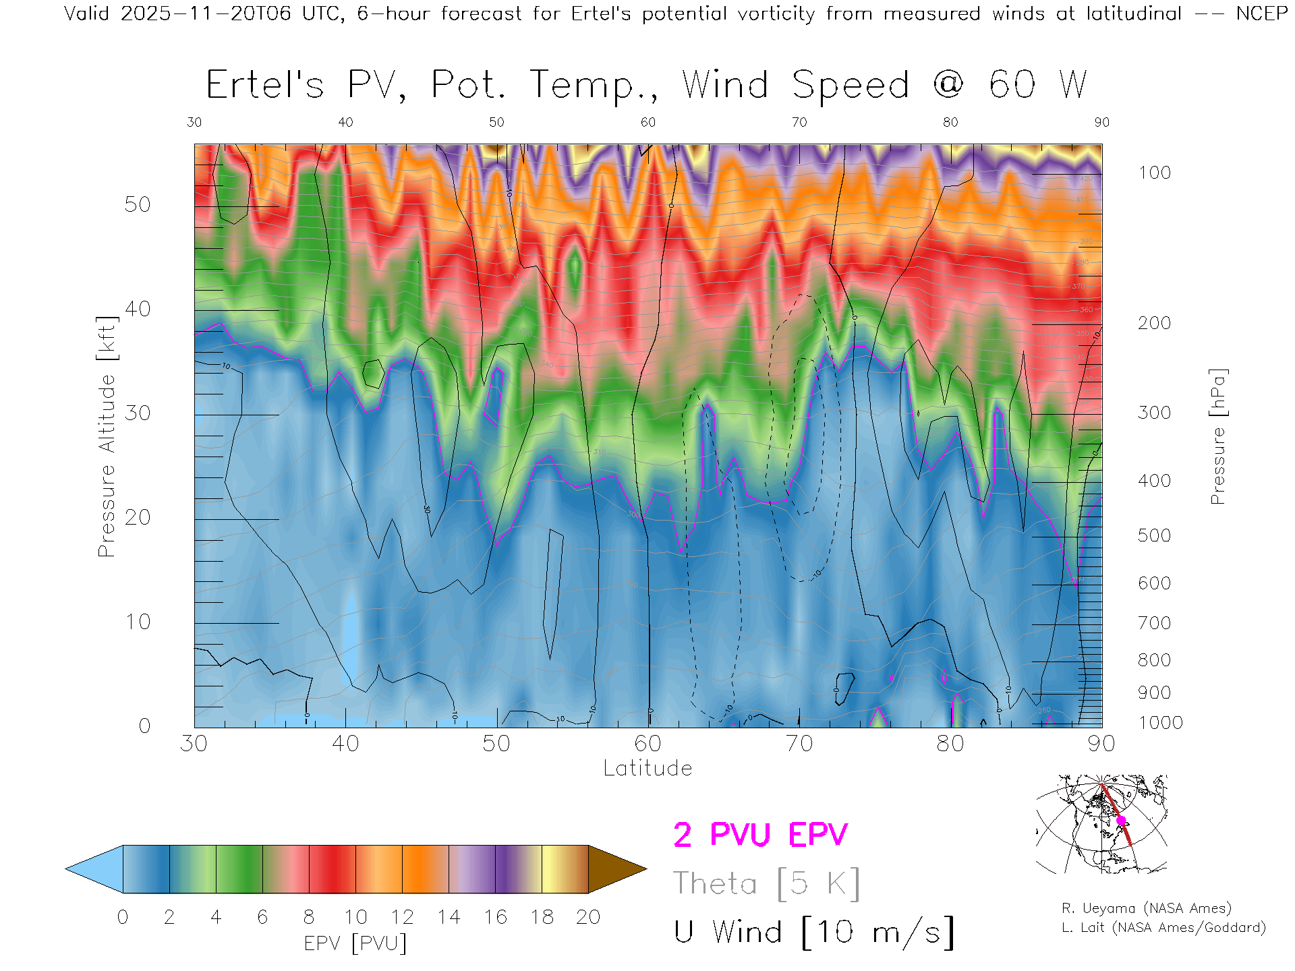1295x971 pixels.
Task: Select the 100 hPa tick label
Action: point(1155,173)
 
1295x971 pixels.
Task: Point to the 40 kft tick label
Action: point(137,309)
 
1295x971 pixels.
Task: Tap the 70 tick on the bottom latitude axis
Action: point(799,744)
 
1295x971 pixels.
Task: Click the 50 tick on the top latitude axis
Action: point(496,122)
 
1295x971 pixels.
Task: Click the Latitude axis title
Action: point(647,768)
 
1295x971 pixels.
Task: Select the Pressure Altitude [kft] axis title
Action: point(107,436)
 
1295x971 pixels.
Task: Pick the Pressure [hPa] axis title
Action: point(1217,436)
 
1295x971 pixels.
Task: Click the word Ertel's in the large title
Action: point(264,86)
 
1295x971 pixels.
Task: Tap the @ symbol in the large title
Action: point(948,84)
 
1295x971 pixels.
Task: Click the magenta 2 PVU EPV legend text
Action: point(760,835)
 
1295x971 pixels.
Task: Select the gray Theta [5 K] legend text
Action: point(766,883)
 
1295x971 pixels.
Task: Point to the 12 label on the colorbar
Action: point(402,917)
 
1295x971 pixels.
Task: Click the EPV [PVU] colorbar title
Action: point(355,943)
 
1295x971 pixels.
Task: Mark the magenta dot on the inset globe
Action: point(1121,821)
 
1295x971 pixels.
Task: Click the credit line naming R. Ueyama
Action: point(1147,908)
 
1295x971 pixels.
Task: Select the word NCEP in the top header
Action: point(1261,13)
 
